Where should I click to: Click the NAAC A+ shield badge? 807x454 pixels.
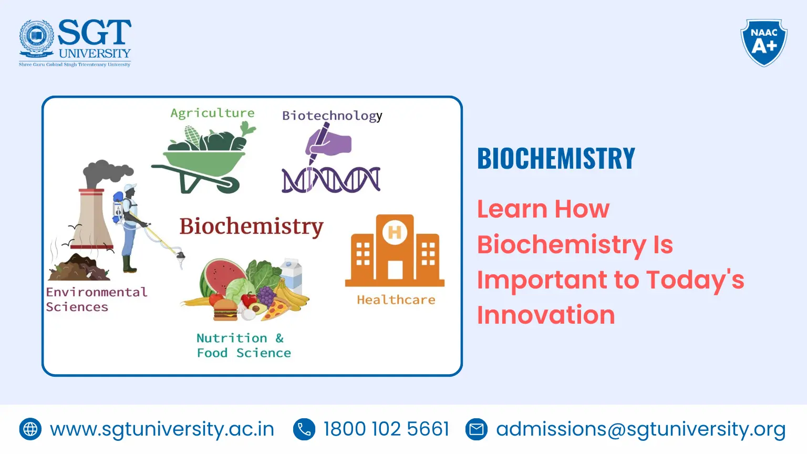(763, 42)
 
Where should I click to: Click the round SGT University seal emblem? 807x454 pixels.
(36, 38)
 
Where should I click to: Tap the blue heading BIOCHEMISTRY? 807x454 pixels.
(556, 159)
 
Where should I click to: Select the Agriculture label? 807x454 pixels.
(212, 113)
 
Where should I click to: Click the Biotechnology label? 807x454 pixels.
(332, 116)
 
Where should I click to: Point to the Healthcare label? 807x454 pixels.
(396, 300)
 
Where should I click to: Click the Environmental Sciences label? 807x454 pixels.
(96, 300)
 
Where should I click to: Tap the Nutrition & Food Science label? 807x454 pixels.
(243, 345)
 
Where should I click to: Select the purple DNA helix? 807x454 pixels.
(331, 180)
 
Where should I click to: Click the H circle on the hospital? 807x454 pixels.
(395, 232)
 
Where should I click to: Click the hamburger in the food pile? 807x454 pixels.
(225, 309)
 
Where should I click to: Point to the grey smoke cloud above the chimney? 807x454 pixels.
(107, 172)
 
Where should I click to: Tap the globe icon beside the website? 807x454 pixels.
(30, 429)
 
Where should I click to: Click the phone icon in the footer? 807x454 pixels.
(304, 429)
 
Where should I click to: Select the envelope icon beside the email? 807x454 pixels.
(477, 429)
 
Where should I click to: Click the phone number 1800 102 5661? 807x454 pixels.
(386, 429)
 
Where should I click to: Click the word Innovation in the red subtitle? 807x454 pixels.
(546, 315)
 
